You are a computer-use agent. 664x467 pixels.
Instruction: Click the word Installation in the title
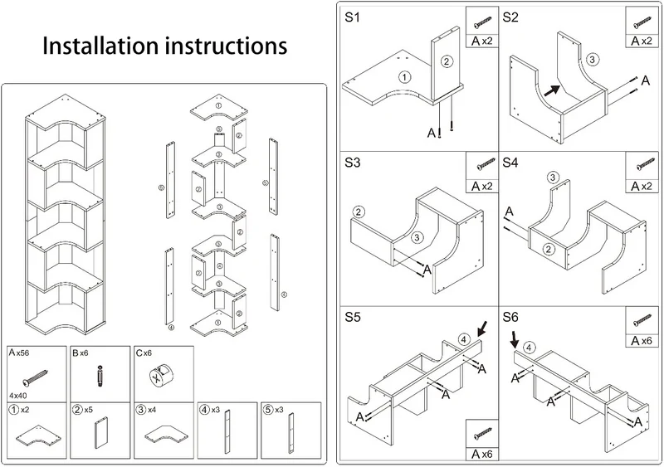pyautogui.click(x=100, y=46)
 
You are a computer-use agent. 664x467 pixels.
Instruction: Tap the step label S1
pyautogui.click(x=352, y=17)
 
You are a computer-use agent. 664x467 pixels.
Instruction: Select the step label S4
pyautogui.click(x=510, y=163)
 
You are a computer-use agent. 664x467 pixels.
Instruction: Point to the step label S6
pyautogui.click(x=510, y=317)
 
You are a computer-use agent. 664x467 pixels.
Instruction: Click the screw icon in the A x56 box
pyautogui.click(x=36, y=377)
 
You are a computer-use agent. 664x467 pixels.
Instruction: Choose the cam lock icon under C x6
pyautogui.click(x=159, y=375)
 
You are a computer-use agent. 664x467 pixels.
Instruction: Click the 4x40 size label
pyautogui.click(x=17, y=396)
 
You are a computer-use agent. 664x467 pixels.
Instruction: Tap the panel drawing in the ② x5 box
pyautogui.click(x=100, y=433)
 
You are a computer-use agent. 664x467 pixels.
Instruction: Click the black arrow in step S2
pyautogui.click(x=552, y=90)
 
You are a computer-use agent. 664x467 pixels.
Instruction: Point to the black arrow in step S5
pyautogui.click(x=482, y=328)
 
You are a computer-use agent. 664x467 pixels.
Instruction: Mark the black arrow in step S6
pyautogui.click(x=514, y=339)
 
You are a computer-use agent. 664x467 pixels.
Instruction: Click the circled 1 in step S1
pyautogui.click(x=405, y=77)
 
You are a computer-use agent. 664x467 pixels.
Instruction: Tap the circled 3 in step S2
pyautogui.click(x=592, y=60)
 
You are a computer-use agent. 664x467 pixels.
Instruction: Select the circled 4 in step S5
pyautogui.click(x=464, y=339)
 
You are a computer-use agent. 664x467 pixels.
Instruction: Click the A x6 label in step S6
pyautogui.click(x=642, y=341)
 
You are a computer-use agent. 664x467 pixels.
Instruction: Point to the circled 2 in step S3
pyautogui.click(x=359, y=212)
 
